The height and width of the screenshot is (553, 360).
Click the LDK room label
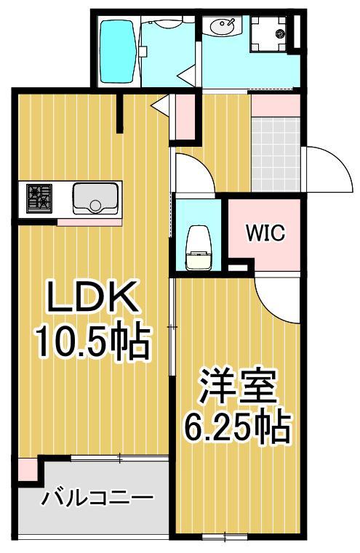click(92, 298)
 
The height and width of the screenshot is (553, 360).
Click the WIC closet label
click(265, 234)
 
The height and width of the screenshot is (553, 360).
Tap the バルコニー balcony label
click(97, 498)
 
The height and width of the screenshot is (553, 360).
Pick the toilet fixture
click(197, 243)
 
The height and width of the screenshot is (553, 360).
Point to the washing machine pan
click(271, 34)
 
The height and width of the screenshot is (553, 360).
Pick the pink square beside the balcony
click(27, 469)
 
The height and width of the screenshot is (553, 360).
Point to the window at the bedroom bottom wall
click(225, 537)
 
